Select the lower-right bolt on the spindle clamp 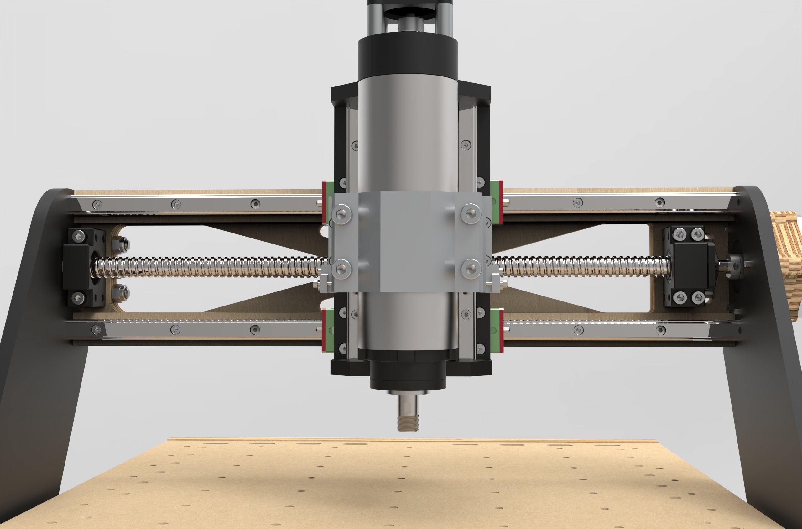(x=471, y=269)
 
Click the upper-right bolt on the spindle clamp (x=471, y=213)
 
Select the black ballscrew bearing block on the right (x=688, y=266)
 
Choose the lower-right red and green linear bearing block (x=497, y=331)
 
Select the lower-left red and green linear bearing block (x=327, y=331)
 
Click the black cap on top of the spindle (x=407, y=59)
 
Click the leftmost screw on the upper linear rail (x=97, y=204)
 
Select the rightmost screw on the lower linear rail (x=660, y=330)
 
